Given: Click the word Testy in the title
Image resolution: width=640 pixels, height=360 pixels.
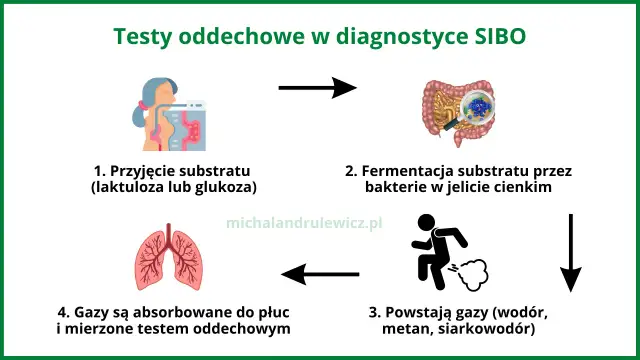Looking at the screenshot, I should click(149, 38).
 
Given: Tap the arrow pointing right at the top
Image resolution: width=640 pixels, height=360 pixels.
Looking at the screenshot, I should click(317, 88).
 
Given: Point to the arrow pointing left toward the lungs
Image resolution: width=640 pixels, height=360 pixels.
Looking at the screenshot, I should click(319, 273).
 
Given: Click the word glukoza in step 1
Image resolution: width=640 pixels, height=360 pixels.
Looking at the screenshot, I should click(225, 186).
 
